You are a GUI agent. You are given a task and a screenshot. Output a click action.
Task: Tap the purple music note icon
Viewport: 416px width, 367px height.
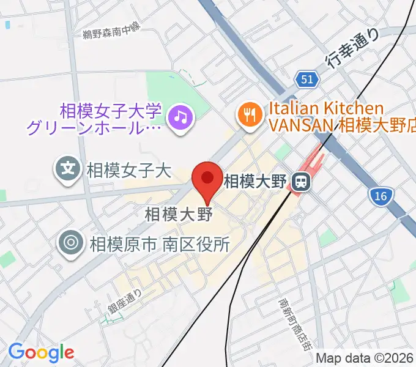(180, 115)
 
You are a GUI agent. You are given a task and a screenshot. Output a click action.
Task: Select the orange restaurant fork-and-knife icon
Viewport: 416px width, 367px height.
(250, 115)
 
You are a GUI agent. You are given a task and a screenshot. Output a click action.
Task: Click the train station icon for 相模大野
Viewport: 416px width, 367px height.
(300, 182)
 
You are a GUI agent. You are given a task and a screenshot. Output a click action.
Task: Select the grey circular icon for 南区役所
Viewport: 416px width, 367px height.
(71, 244)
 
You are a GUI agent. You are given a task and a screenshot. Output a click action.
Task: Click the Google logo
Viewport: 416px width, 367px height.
(41, 352)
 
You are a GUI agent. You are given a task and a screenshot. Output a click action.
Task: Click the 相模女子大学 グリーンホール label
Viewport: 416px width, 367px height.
(95, 120)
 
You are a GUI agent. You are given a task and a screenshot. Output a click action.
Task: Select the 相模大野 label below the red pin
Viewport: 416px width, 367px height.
(178, 215)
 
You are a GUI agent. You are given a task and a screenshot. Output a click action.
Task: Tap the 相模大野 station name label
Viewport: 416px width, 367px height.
(256, 182)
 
